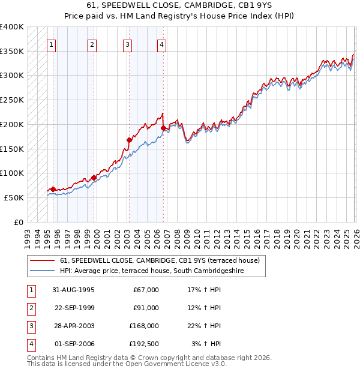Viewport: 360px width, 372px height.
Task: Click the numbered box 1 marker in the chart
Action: click(x=52, y=44)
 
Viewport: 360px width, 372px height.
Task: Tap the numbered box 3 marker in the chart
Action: click(x=128, y=44)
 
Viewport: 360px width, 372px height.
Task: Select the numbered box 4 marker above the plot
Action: click(x=162, y=44)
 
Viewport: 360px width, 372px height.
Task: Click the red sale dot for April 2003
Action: click(x=129, y=140)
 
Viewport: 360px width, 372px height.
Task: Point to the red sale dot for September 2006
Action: click(x=163, y=127)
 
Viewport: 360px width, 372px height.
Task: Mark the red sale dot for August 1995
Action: click(x=53, y=189)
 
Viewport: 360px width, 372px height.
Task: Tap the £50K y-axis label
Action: click(x=14, y=197)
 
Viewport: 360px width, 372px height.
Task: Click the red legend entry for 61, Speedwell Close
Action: click(x=160, y=260)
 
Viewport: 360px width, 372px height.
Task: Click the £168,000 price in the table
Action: click(x=144, y=326)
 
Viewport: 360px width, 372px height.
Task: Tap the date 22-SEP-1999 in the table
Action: click(x=74, y=308)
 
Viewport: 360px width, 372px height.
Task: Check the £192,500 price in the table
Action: click(x=144, y=344)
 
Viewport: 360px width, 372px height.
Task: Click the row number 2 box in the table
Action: click(x=31, y=308)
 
